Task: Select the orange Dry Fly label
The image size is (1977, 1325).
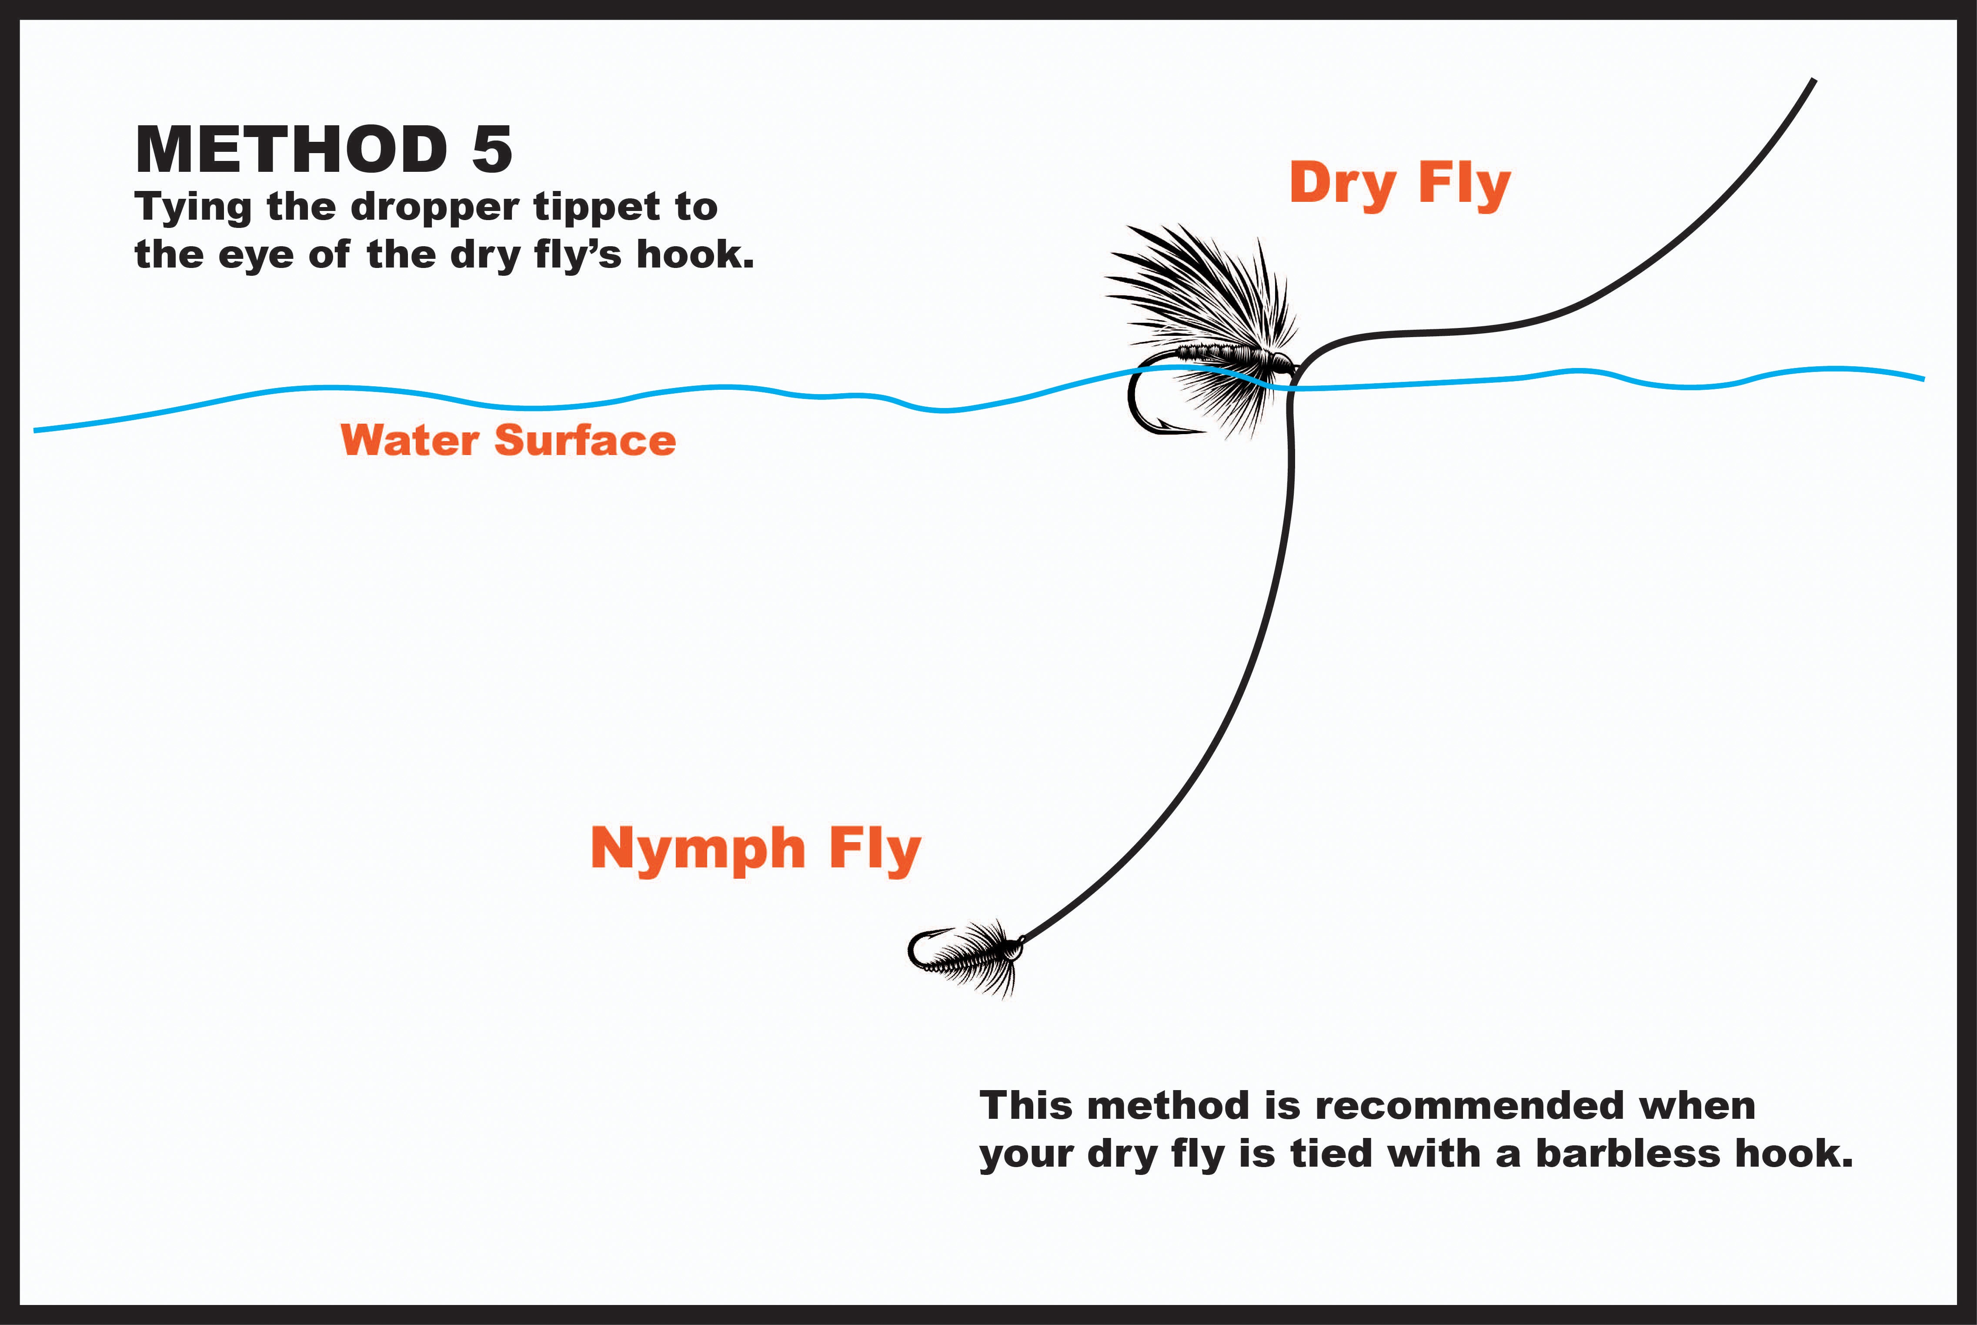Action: (x=1400, y=184)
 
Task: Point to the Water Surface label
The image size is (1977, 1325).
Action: (x=508, y=440)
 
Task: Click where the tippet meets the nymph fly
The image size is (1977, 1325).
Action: (x=1022, y=940)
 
